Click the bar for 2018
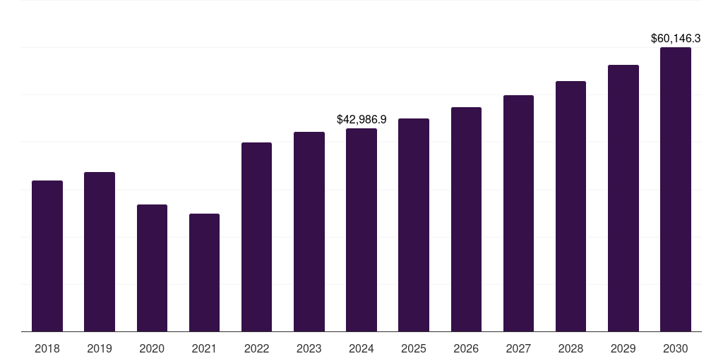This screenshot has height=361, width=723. click(x=47, y=256)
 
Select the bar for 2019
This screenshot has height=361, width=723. click(x=100, y=252)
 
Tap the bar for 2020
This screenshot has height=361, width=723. click(x=152, y=268)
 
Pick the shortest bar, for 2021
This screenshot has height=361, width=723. click(x=204, y=272)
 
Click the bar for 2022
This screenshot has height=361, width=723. click(x=256, y=237)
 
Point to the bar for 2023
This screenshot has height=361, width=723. click(x=309, y=231)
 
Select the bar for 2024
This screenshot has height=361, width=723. click(x=361, y=230)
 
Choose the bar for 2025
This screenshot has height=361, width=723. click(x=414, y=225)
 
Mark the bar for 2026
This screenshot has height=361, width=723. click(x=466, y=219)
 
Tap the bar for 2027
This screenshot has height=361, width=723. click(x=518, y=213)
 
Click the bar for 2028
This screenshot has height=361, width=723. click(x=570, y=206)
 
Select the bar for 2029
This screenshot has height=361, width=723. click(x=623, y=198)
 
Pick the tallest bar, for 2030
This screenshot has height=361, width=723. click(x=676, y=189)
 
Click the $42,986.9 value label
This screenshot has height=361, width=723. click(x=361, y=120)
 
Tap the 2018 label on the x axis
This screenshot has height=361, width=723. click(x=47, y=348)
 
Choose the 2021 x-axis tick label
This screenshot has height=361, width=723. click(x=204, y=348)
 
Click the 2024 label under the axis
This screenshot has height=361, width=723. click(x=361, y=348)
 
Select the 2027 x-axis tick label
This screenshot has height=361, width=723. click(x=518, y=348)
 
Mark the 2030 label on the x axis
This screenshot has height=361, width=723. click(x=676, y=348)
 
